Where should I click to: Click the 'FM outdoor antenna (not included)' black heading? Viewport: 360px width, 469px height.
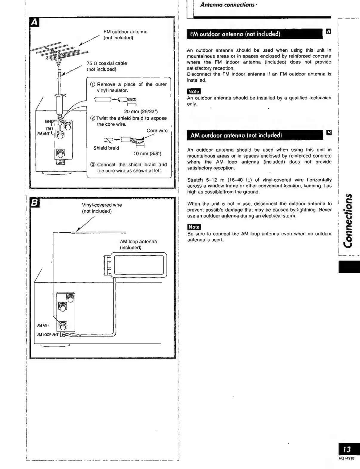point(235,34)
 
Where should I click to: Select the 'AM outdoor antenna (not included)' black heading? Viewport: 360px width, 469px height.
point(236,135)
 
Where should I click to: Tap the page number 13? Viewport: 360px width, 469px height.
point(347,449)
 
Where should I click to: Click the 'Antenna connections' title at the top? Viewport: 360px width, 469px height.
point(227,5)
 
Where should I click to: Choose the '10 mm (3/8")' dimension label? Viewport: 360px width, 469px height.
point(147,154)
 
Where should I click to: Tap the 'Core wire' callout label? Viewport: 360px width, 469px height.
point(157,131)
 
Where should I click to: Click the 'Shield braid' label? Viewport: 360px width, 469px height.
point(106,148)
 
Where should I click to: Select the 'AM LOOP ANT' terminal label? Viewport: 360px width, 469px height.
point(48,335)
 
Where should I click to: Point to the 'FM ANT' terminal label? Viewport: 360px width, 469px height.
point(43,134)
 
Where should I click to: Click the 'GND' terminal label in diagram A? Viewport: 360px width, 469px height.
point(49,121)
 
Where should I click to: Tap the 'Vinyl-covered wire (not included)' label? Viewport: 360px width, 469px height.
point(102,208)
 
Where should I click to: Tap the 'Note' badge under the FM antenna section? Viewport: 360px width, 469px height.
point(193,92)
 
